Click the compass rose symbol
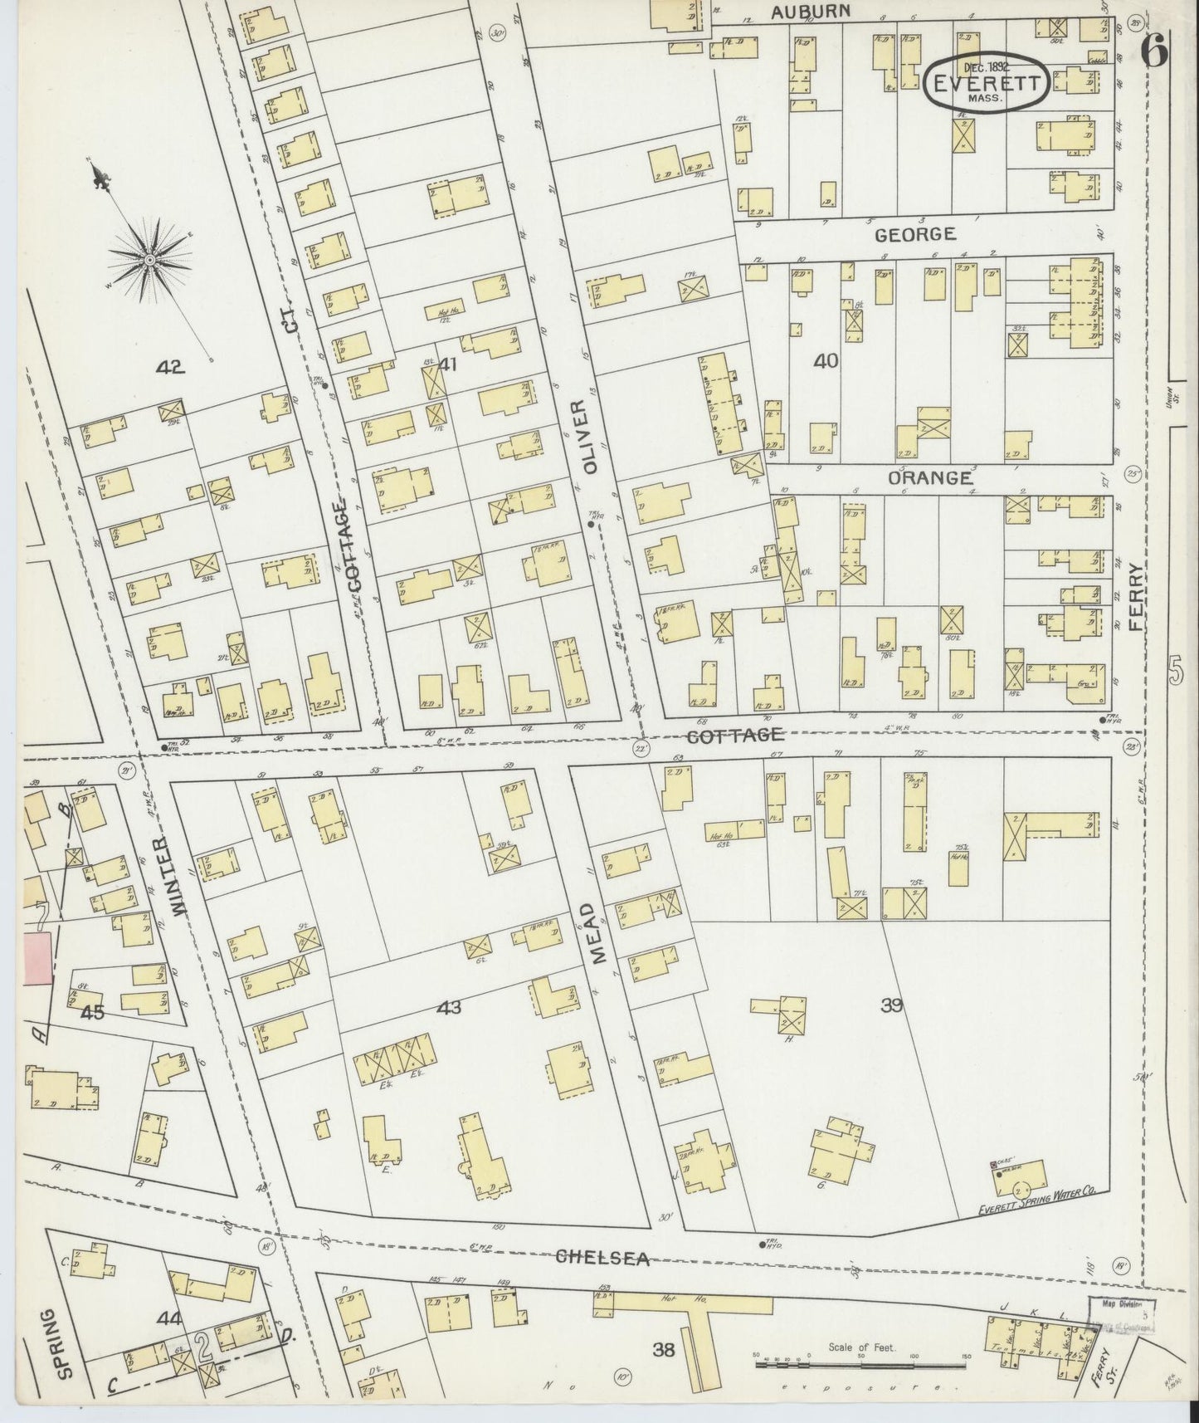point(149,260)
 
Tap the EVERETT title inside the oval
point(985,84)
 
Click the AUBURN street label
point(810,12)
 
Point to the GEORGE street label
point(915,235)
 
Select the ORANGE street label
point(929,478)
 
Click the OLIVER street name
point(590,437)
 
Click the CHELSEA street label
point(602,1258)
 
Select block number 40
point(826,361)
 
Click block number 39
point(891,1005)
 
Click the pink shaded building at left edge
point(37,958)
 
